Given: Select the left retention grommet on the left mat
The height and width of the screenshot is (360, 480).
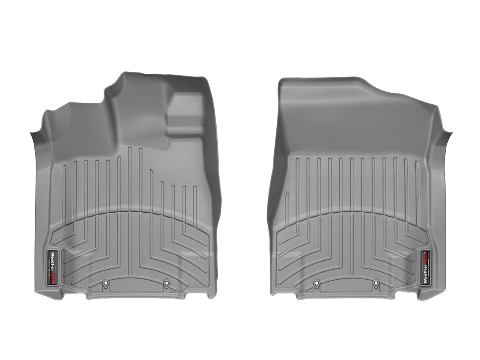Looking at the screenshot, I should (106, 283).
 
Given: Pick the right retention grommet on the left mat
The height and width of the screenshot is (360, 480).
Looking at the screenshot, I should (166, 283).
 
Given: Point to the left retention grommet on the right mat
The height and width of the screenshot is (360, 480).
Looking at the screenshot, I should (316, 283).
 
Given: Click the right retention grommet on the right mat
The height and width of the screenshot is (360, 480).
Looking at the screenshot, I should (376, 283).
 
